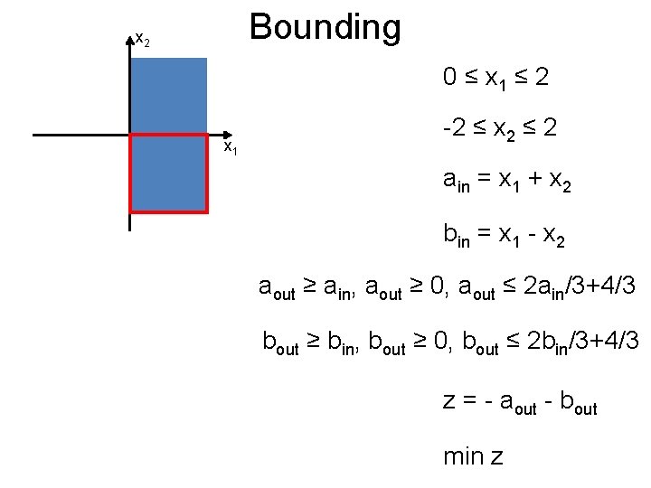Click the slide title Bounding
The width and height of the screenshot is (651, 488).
325,28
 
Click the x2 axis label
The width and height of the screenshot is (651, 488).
142,40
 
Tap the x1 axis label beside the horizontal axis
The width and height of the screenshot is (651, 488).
231,146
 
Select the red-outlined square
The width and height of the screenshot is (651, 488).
169,174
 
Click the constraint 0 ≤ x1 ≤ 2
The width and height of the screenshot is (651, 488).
495,80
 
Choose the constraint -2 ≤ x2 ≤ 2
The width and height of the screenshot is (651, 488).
499,131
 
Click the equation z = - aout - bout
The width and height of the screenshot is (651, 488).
520,400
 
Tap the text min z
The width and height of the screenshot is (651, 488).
473,456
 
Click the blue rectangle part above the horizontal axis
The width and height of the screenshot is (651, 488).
169,96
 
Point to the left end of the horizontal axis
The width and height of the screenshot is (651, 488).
34,136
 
